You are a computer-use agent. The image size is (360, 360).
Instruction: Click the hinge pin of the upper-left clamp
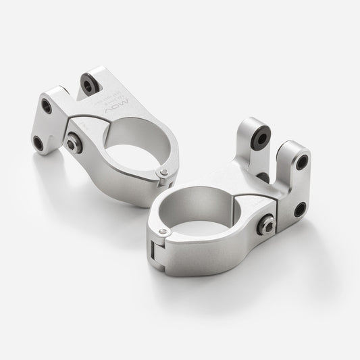click(x=163, y=174)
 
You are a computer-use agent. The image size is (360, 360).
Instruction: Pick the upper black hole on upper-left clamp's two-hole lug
click(x=47, y=106)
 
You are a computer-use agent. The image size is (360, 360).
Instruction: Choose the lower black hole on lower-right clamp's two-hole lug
click(x=298, y=210)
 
